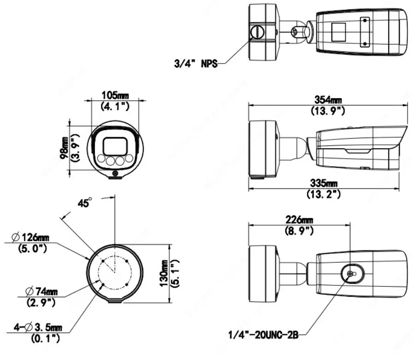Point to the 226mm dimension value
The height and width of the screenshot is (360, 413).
[x=298, y=220]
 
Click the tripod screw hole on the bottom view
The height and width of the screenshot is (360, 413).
[x=350, y=273]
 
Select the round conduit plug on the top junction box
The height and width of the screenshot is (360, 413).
[x=256, y=32]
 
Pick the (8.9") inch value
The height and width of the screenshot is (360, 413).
[x=298, y=230]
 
